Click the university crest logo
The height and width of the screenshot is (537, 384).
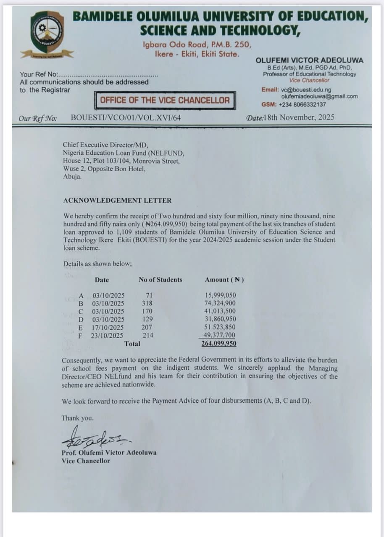pos(47,32)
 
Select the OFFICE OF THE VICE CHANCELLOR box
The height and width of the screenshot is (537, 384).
pos(165,100)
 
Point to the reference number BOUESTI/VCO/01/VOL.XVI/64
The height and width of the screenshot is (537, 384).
pos(126,118)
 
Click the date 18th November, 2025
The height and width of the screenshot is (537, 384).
pos(300,117)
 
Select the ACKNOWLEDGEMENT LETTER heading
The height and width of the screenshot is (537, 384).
pos(117,201)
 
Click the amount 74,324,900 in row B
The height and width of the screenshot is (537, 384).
pos(220,303)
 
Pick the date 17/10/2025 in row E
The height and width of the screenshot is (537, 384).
pos(108,327)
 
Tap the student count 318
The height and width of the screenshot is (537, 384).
pos(147,303)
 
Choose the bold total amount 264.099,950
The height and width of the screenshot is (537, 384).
pos(219,344)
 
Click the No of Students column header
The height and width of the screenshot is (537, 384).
pos(160,280)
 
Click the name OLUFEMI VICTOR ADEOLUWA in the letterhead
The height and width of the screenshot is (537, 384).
pos(310,60)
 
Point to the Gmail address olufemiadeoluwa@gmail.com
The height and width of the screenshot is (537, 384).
pos(319,96)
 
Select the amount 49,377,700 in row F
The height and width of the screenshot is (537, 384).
pos(220,335)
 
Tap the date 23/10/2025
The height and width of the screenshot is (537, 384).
pos(108,335)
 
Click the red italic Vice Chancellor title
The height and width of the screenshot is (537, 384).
pos(309,80)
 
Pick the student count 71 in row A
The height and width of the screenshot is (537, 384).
pos(149,295)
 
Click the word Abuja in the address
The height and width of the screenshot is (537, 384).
pos(72,177)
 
